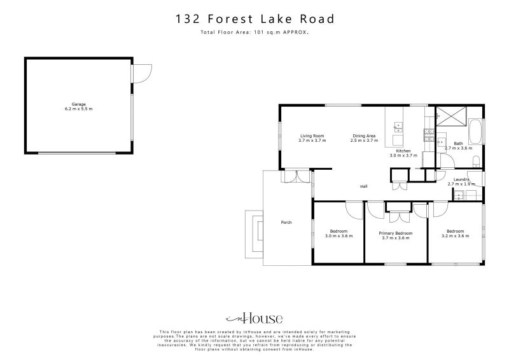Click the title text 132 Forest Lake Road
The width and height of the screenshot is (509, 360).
coord(254,19)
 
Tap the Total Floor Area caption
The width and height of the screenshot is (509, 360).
coord(254,31)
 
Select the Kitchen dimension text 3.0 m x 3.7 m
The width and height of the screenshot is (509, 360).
coord(403,155)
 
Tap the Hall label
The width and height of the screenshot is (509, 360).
coord(364,186)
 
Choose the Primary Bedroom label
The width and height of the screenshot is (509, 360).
coord(395,233)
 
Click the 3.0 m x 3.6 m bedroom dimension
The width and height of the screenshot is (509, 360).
coord(338,236)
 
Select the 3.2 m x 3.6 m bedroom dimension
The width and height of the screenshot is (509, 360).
coord(455,236)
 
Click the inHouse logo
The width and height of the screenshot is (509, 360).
coord(254,319)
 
